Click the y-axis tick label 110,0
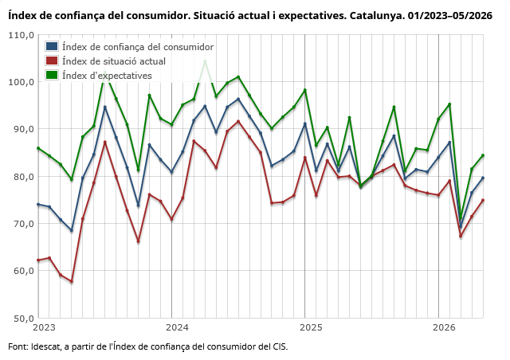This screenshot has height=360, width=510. (x=22, y=35)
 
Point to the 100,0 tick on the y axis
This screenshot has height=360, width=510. (x=22, y=81)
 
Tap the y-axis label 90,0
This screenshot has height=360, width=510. (x=23, y=129)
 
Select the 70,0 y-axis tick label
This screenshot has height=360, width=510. (x=23, y=224)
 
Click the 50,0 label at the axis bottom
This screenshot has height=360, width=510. (x=23, y=318)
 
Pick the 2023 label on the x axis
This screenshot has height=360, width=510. (x=45, y=327)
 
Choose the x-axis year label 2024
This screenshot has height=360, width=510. (x=177, y=327)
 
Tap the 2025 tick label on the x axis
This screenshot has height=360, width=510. (x=311, y=327)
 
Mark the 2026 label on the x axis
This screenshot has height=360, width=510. (x=445, y=327)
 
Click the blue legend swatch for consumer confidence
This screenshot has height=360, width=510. (x=52, y=46)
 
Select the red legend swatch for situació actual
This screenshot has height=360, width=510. (x=52, y=61)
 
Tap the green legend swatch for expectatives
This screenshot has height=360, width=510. (x=52, y=75)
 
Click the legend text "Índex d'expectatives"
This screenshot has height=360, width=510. (x=107, y=76)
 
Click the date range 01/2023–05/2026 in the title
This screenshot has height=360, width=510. (x=450, y=15)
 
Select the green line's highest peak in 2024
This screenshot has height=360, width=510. (x=205, y=61)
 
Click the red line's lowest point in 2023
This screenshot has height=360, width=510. (x=72, y=282)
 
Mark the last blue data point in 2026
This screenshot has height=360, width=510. (x=483, y=178)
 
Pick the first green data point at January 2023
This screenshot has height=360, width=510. (x=38, y=148)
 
